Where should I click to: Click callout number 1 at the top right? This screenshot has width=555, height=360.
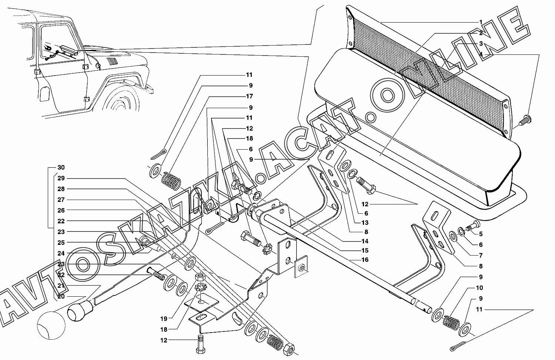click(481, 22)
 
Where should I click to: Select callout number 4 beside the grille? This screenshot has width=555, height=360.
click(481, 54)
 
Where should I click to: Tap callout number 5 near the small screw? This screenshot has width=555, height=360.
click(481, 234)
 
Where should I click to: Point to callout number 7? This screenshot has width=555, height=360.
click(481, 255)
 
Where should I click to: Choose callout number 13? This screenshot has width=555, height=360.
click(365, 223)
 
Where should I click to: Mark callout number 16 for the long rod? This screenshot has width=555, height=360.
click(365, 260)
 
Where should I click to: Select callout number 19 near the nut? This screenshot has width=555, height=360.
click(164, 318)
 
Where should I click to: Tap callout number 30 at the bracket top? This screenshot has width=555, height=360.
click(61, 167)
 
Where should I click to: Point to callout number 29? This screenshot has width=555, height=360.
click(61, 178)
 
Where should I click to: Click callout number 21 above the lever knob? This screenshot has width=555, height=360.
click(61, 286)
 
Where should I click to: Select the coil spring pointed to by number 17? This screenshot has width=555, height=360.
click(172, 181)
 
